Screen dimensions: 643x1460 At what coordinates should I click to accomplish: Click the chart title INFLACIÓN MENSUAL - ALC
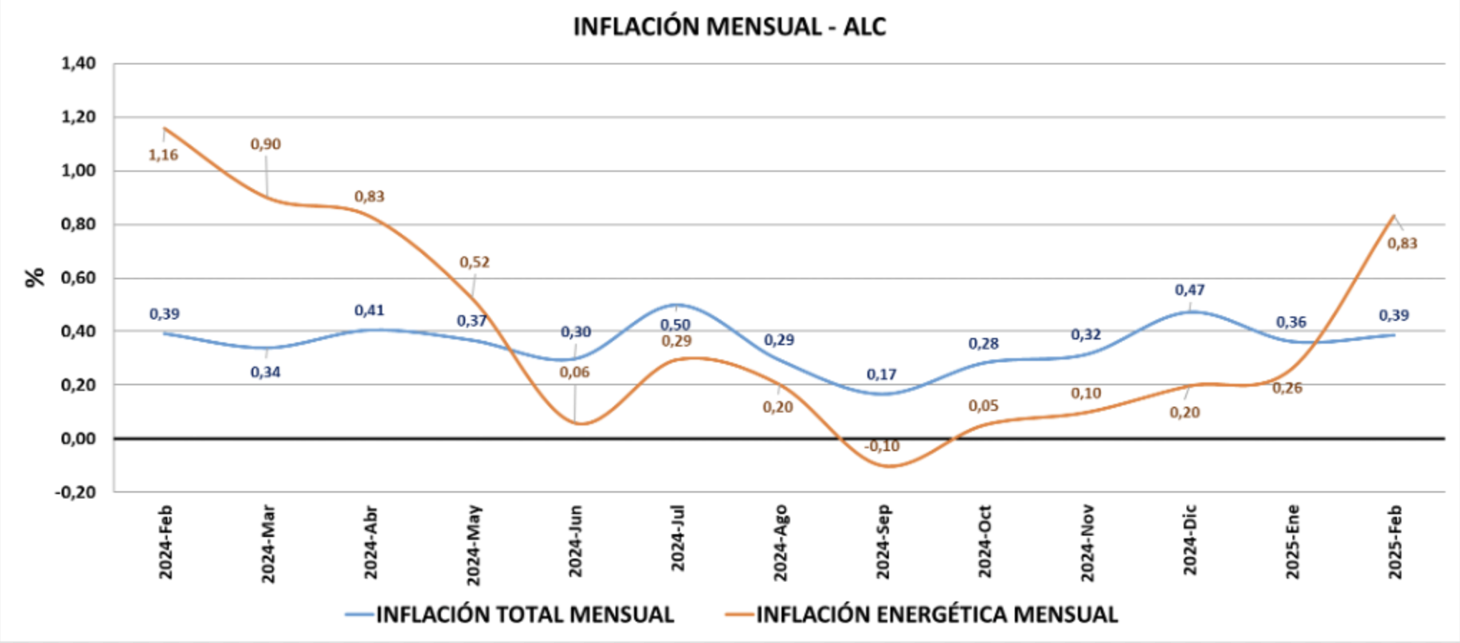[729, 27]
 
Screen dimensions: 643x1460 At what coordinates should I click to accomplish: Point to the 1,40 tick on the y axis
[78, 64]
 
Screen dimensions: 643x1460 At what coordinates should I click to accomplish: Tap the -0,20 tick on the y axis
[75, 492]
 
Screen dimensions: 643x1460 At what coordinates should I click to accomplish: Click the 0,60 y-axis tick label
[78, 278]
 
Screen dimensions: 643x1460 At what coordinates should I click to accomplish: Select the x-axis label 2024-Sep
[882, 542]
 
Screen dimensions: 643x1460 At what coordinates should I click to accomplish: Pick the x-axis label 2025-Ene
[1293, 542]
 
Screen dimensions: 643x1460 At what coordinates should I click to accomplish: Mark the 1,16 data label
[163, 155]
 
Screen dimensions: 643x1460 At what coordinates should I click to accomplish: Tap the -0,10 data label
[882, 446]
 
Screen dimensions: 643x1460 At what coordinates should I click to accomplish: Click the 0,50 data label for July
[676, 325]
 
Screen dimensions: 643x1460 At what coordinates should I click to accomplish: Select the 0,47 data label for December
[1189, 290]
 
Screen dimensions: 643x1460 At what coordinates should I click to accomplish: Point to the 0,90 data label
[266, 144]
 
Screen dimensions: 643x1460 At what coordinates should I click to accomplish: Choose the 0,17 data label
[881, 374]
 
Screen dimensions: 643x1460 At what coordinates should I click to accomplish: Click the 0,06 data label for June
[575, 372]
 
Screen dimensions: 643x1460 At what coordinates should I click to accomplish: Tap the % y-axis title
[34, 277]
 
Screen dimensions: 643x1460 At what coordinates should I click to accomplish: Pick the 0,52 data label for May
[474, 262]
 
